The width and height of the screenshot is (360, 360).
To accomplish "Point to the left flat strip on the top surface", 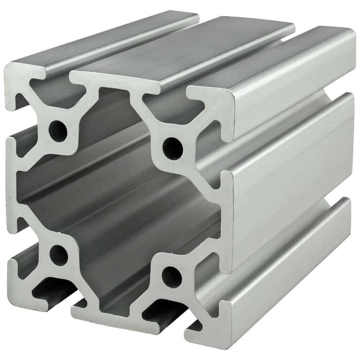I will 108,40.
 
